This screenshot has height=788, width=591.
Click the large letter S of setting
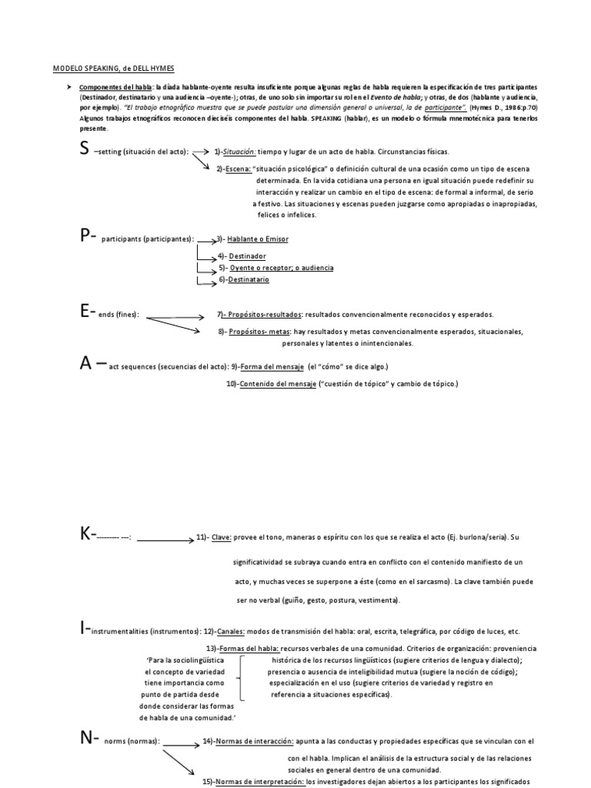(85, 149)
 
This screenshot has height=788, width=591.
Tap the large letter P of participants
(85, 237)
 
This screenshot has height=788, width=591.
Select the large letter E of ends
(84, 312)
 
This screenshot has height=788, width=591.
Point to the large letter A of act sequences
(86, 363)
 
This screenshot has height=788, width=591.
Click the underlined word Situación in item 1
(238, 152)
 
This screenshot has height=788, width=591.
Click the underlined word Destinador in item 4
(247, 255)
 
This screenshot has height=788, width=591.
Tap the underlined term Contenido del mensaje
(279, 383)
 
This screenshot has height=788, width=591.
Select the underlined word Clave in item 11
(221, 539)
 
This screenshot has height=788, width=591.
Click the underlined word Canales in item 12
(230, 631)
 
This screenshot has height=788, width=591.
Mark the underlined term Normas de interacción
(255, 741)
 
